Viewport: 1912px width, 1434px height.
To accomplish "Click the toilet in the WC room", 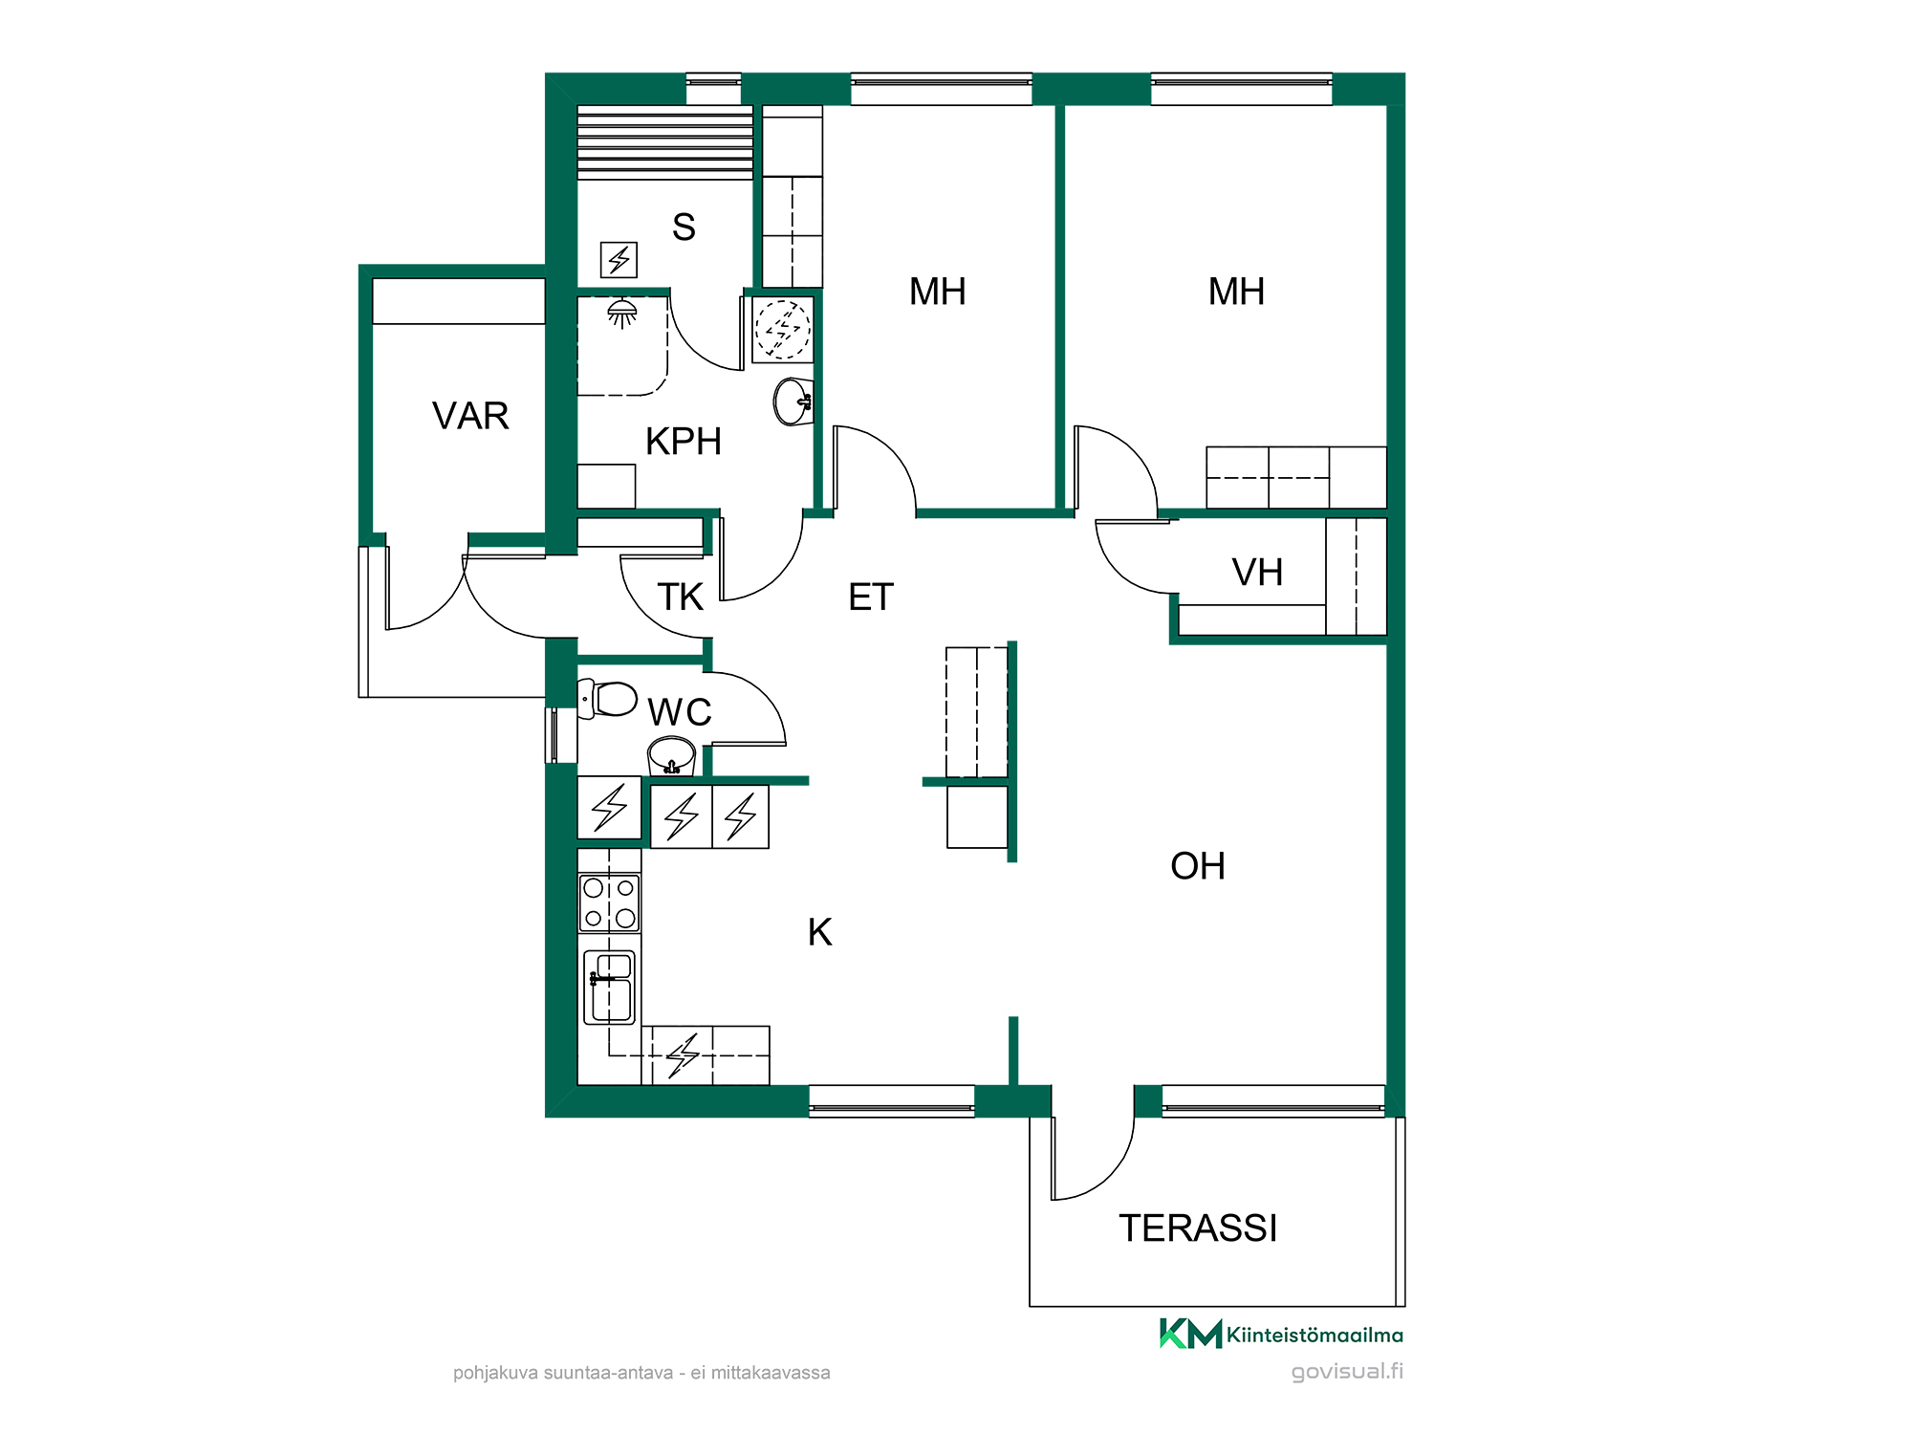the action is (x=608, y=699).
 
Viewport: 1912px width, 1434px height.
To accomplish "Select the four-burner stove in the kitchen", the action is (x=609, y=902).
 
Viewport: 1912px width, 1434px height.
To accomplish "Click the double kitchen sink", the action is (x=609, y=987).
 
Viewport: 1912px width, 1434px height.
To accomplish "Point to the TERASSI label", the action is (x=1198, y=1228).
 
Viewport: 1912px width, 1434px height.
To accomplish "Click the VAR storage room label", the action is (x=470, y=416).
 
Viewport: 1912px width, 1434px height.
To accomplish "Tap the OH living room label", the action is (x=1198, y=866).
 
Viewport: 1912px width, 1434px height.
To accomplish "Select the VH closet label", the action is (x=1257, y=573).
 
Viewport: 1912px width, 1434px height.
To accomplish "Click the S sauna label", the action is (x=684, y=227).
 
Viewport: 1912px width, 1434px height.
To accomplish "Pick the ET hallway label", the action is (x=871, y=597).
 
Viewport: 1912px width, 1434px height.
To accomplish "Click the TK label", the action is (x=680, y=597).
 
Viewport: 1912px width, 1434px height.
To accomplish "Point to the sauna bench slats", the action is (x=665, y=142).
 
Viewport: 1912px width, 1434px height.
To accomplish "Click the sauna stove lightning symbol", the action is (x=619, y=259).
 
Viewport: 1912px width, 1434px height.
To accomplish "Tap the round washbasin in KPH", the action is (x=793, y=402).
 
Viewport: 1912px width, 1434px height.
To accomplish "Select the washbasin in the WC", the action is (x=671, y=756).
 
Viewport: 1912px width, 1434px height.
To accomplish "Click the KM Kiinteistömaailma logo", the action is (x=1281, y=1334).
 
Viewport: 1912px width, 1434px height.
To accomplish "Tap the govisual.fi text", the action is (x=1347, y=1372).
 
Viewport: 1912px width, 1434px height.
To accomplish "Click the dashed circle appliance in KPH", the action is (x=783, y=330).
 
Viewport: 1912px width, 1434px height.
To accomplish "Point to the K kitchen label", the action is (x=820, y=932).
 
